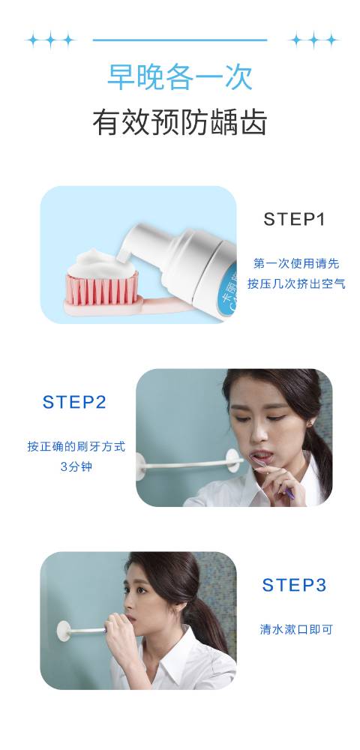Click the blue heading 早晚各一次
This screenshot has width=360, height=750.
tap(180, 76)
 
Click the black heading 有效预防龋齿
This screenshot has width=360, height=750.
tap(180, 122)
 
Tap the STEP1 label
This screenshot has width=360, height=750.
tap(294, 219)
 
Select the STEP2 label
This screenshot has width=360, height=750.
tap(74, 402)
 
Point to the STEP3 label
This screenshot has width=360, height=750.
tap(294, 585)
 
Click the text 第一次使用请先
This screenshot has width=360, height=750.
tap(296, 263)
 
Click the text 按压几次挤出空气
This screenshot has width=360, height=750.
tap(296, 283)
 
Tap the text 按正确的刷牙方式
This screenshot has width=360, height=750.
tap(76, 446)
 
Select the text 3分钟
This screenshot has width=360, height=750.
tap(76, 466)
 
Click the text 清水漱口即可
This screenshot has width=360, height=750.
tap(296, 629)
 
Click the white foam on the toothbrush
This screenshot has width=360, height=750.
tap(102, 263)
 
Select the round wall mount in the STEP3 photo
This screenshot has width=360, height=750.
tap(63, 631)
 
